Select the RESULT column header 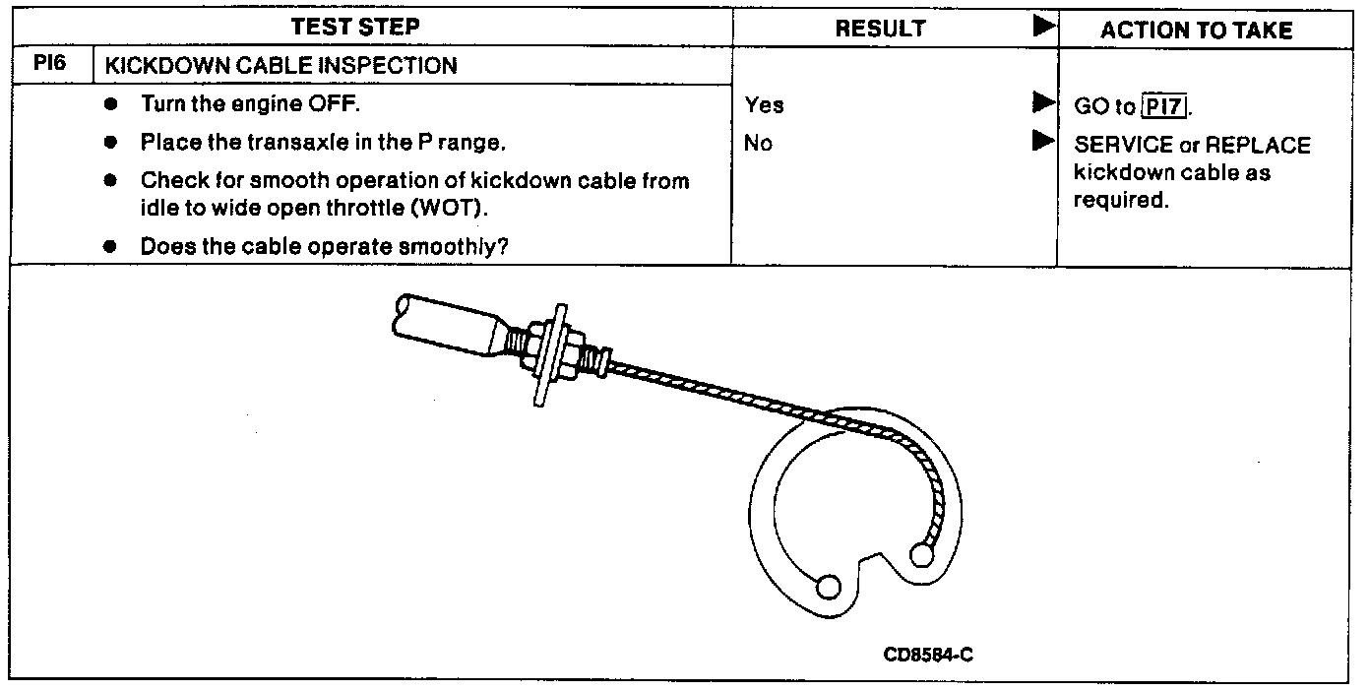click(880, 30)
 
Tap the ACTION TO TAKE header click(1196, 31)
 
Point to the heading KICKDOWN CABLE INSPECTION click(281, 66)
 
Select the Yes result click(765, 105)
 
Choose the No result click(759, 144)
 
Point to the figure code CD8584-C click(928, 655)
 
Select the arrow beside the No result click(1042, 142)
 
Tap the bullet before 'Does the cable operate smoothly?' click(115, 246)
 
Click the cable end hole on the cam click(922, 556)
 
